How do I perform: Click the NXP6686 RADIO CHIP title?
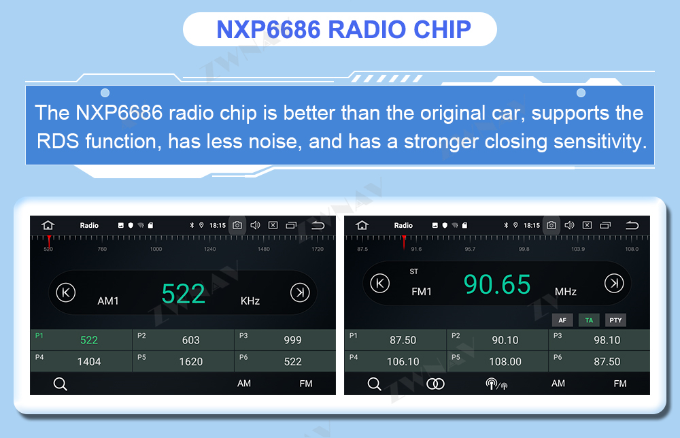tap(343, 29)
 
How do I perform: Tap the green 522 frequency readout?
tap(183, 294)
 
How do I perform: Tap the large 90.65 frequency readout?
tap(497, 284)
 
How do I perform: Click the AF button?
tap(562, 320)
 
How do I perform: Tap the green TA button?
tap(589, 320)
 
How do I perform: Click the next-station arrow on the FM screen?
tap(614, 283)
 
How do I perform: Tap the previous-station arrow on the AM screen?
tap(66, 292)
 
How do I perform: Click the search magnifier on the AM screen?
tap(61, 384)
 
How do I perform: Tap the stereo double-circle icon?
tap(435, 384)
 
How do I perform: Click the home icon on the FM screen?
tap(362, 225)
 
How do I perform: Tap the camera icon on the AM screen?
tap(237, 225)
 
